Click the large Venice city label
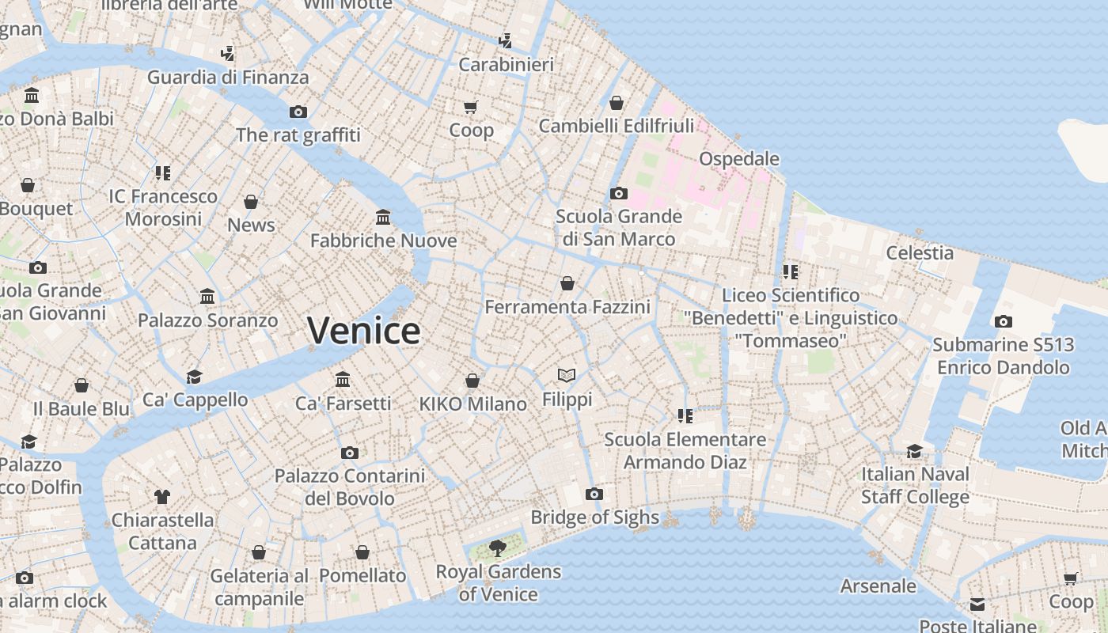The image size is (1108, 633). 363,330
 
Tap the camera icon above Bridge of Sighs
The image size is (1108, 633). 594,495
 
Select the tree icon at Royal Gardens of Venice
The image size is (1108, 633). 498,547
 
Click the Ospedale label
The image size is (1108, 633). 739,158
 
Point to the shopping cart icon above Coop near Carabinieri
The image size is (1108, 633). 471,107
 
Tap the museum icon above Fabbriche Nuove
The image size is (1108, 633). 383,217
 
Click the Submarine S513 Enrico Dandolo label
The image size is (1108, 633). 1003,356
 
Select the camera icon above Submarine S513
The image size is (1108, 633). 1003,321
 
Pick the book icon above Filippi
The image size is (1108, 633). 567,375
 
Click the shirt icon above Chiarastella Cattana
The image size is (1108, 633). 162,497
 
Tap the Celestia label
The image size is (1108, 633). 920,253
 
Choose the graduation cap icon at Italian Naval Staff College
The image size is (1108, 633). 914,451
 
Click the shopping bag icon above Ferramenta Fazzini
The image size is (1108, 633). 567,283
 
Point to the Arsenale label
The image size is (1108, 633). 878,586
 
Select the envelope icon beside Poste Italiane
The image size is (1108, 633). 978,605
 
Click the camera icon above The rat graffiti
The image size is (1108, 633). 298,112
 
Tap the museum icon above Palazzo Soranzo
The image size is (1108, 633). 207,297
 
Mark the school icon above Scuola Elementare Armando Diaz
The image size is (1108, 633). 685,415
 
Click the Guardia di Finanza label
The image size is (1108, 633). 228,78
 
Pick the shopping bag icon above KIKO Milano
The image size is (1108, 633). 472,381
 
